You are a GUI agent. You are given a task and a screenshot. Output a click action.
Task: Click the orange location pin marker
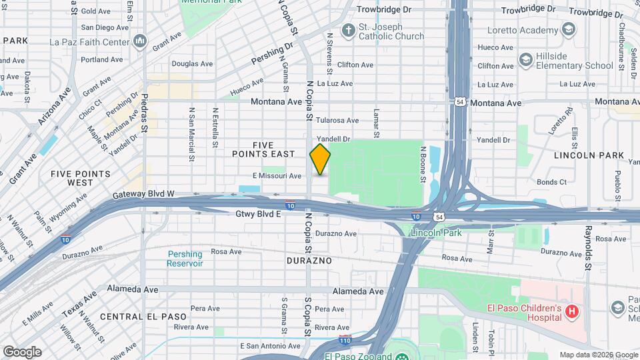320,159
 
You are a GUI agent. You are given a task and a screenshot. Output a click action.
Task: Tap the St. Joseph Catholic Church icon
347,31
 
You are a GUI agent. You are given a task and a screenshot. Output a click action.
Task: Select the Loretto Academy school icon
568,30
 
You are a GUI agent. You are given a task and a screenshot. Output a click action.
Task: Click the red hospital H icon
571,311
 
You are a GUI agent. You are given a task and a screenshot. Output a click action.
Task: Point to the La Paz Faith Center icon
140,42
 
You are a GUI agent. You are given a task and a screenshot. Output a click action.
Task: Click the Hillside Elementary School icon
525,60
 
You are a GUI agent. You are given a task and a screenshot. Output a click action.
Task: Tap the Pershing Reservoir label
185,259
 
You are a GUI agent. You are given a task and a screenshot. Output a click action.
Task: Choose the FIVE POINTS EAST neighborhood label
273,149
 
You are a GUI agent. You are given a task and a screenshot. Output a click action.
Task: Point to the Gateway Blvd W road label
143,194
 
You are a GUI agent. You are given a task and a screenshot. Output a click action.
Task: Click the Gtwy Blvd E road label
258,214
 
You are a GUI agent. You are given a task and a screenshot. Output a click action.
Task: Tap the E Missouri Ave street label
277,176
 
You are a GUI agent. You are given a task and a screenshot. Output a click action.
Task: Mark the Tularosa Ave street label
337,121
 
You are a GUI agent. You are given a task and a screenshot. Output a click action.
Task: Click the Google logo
22,351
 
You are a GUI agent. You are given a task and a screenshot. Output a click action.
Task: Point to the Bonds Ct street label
551,182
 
